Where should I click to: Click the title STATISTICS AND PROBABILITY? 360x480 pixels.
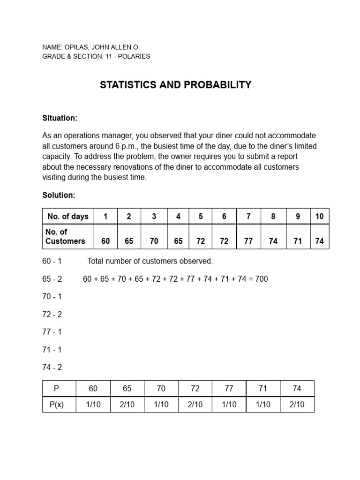(176, 85)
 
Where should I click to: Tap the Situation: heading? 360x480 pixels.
(60, 118)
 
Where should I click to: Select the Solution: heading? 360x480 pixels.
(59, 195)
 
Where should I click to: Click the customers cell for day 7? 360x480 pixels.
(248, 241)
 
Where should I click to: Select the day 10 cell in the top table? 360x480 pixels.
(319, 216)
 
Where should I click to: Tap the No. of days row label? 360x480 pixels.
(68, 216)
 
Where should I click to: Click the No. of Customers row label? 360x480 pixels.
(65, 237)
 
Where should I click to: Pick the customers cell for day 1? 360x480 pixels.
(105, 241)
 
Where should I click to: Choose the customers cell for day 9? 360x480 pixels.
(298, 241)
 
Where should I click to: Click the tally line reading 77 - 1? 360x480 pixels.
(52, 332)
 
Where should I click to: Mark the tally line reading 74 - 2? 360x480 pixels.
(52, 367)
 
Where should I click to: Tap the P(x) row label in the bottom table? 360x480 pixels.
(56, 405)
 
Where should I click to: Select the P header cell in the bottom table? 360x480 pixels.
(56, 389)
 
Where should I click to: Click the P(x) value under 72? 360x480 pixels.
(195, 405)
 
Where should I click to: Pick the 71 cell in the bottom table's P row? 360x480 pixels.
(263, 389)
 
